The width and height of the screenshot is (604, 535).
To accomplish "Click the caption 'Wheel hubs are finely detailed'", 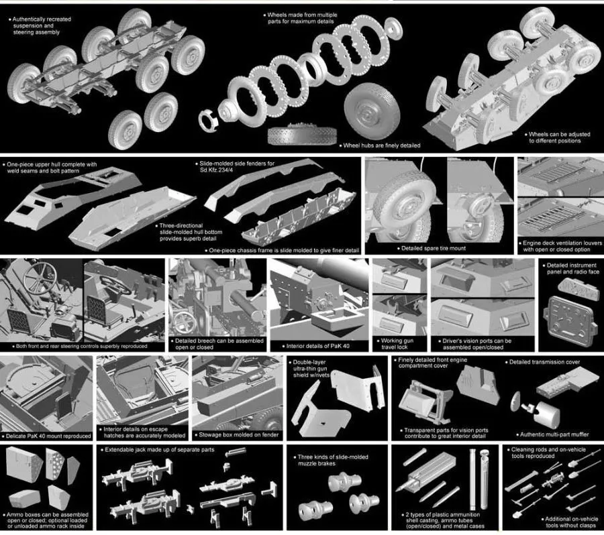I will pyautogui.click(x=381, y=145).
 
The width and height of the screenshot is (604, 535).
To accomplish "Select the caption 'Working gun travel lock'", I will pyautogui.click(x=397, y=345).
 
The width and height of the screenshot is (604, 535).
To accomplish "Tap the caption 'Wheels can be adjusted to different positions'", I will pyautogui.click(x=559, y=137).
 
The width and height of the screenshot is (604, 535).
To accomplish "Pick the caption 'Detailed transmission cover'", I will pyautogui.click(x=544, y=362).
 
